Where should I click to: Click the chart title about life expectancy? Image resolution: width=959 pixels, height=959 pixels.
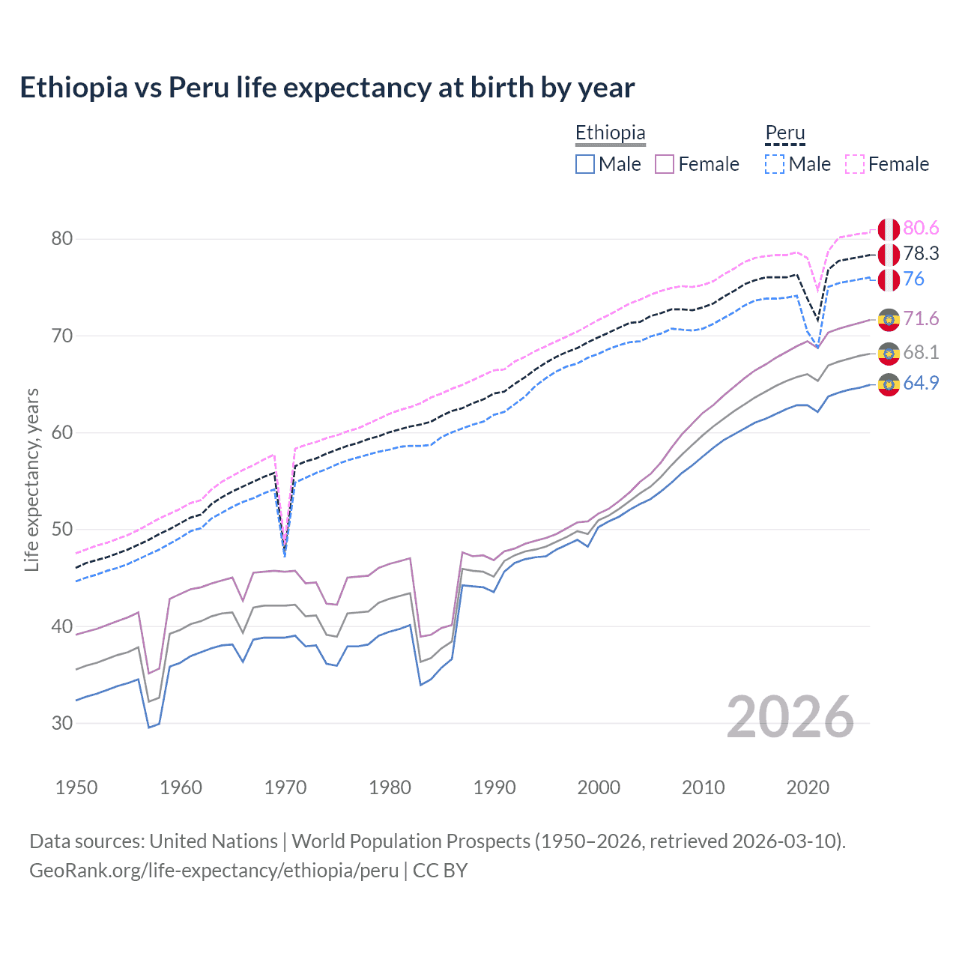[327, 88]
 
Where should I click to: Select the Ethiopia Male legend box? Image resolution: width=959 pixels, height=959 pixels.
[585, 164]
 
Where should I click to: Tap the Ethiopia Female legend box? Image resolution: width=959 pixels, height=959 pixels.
[665, 164]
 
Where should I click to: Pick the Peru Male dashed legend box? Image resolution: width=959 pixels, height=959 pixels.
[775, 164]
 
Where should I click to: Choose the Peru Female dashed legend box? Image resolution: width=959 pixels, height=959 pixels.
[855, 164]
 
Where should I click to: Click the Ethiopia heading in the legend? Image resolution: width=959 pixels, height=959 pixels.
[610, 133]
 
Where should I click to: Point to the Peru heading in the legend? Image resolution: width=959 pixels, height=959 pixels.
[784, 133]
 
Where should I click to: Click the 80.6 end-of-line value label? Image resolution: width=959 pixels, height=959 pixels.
[921, 229]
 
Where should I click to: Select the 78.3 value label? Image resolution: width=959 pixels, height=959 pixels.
[921, 254]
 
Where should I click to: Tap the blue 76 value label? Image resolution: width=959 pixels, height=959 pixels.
[914, 279]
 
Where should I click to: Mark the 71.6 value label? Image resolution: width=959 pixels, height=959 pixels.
[921, 319]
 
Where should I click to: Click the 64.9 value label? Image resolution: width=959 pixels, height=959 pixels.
[921, 384]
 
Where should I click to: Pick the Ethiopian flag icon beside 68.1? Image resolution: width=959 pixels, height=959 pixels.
[889, 353]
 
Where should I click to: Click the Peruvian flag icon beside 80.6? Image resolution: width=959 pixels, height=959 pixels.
[889, 229]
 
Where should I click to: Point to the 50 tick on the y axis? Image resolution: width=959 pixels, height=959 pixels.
[62, 530]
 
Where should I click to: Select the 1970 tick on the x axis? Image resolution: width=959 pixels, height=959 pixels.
[285, 787]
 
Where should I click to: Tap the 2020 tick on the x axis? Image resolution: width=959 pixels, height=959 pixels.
[808, 787]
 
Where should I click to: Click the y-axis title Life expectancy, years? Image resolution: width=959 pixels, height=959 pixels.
[31, 479]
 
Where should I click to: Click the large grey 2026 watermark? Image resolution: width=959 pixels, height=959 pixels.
[790, 718]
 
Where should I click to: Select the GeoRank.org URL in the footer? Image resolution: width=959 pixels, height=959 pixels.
[214, 871]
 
